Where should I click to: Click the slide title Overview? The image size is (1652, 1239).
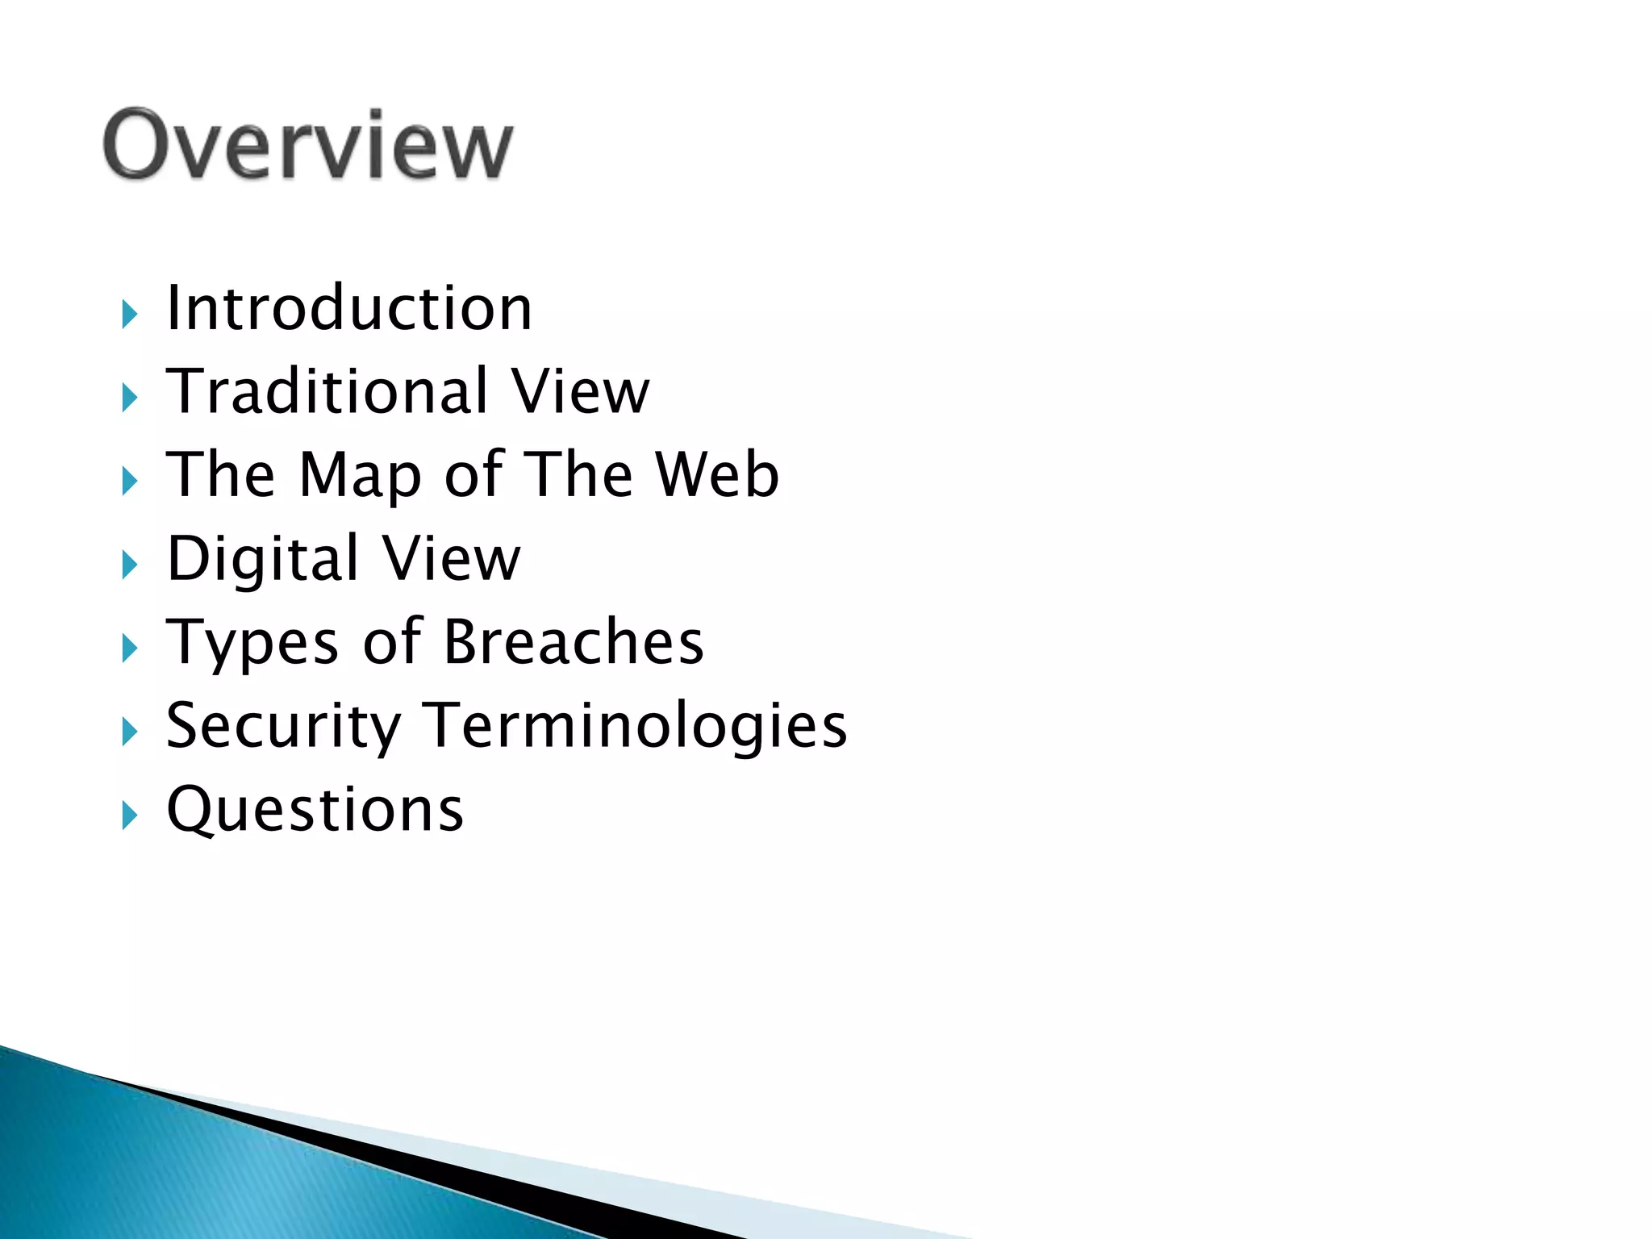point(307,145)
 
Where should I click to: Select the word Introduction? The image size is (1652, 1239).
point(348,308)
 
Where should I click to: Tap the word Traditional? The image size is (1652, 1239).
point(327,391)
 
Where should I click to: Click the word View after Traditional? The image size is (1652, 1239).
point(580,391)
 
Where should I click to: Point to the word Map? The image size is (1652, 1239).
point(360,476)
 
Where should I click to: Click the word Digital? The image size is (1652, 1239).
point(262,558)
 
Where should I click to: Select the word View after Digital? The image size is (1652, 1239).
point(452,558)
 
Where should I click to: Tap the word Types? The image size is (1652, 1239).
point(252,644)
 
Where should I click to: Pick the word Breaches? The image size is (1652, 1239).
point(574,642)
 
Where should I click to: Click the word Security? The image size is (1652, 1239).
point(283,726)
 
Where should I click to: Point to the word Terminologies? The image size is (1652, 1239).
point(636,726)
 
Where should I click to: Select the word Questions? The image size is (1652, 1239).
point(315,810)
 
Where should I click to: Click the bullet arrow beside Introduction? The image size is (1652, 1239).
point(130,314)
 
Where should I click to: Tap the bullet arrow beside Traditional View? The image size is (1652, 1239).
point(130,398)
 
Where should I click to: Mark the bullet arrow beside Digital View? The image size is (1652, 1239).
point(130,565)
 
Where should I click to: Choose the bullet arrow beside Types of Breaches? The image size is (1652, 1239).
point(130,649)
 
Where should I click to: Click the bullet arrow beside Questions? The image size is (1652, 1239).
point(130,816)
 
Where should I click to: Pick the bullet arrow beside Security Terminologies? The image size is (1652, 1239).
point(130,732)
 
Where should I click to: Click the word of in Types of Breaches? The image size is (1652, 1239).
point(392,642)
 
